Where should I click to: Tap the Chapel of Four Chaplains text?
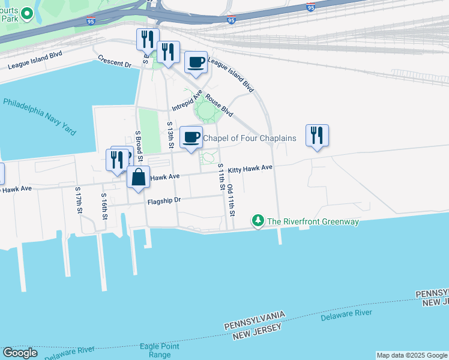tap(250, 139)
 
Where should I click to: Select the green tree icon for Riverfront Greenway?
tap(258, 221)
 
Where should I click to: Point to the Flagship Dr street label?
tap(164, 202)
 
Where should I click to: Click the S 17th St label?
tap(78, 200)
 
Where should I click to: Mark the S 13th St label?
tap(170, 134)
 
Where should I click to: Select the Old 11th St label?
tap(231, 200)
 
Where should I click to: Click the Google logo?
tap(20, 352)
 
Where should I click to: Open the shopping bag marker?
tap(139, 178)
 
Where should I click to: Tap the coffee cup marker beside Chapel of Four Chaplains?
tap(191, 138)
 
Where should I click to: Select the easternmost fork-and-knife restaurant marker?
tap(317, 136)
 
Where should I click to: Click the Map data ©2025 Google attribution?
tap(412, 355)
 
